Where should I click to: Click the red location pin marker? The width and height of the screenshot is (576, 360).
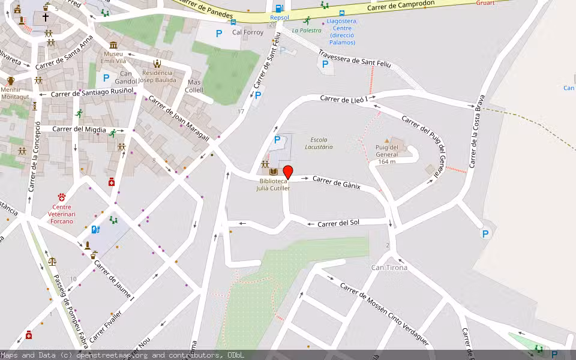tap(288, 172)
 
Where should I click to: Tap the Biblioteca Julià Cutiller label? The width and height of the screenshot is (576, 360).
tap(275, 184)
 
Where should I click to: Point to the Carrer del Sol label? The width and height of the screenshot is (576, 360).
tap(338, 223)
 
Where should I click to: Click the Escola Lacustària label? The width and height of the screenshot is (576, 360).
tap(319, 143)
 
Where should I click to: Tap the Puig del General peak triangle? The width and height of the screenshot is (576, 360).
tap(386, 140)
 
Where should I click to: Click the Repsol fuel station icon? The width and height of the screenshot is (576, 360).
tap(279, 8)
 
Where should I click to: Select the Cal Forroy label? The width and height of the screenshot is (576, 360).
tap(248, 32)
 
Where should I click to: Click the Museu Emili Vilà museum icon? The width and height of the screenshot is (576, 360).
tap(113, 46)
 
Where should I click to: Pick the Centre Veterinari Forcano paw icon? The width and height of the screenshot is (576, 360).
tap(61, 197)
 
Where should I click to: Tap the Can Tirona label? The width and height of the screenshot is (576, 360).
tap(389, 268)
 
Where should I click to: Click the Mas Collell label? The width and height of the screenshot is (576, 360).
tap(194, 86)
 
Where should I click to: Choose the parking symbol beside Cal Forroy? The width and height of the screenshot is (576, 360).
tap(219, 34)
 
